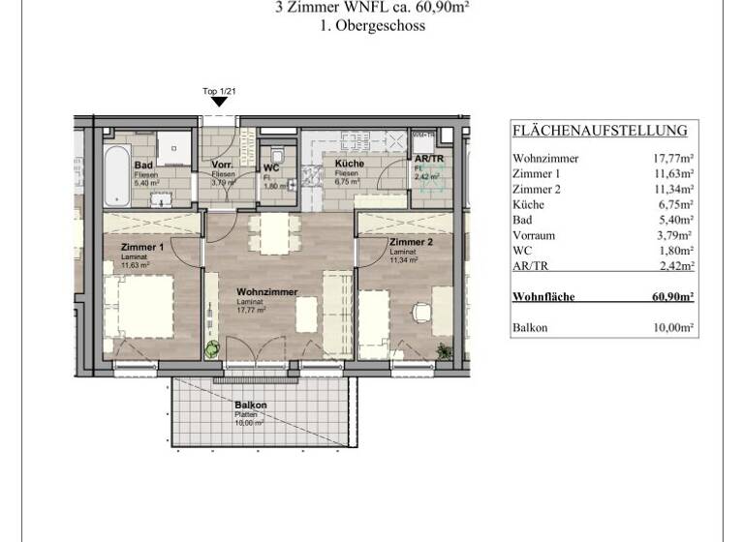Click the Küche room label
(x=349, y=165)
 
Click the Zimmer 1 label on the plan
(x=141, y=248)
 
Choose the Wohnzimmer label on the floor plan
(x=266, y=291)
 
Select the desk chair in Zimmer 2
(x=421, y=315)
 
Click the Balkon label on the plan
(x=250, y=406)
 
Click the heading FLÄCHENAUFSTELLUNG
(x=600, y=131)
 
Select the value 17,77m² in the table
(x=672, y=158)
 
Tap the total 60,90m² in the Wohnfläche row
(x=670, y=297)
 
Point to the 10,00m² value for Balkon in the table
(x=672, y=328)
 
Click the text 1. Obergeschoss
(x=372, y=27)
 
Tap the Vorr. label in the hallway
(x=222, y=166)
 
